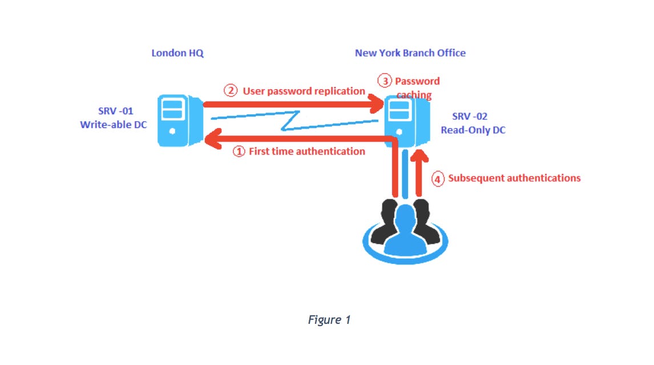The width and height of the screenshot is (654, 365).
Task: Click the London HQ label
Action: (x=177, y=53)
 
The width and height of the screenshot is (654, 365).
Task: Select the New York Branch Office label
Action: (x=410, y=53)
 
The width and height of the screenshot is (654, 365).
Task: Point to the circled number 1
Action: (x=239, y=151)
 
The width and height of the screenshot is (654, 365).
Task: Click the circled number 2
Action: (x=230, y=91)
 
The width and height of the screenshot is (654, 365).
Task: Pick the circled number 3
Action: (x=386, y=81)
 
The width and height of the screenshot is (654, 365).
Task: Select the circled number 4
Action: (x=437, y=179)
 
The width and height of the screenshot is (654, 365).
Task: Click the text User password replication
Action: (x=304, y=91)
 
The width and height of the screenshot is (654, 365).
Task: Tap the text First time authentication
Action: (x=306, y=151)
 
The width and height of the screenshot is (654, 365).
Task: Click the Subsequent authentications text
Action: (x=514, y=178)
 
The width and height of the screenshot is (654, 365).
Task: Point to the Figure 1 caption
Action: (x=329, y=320)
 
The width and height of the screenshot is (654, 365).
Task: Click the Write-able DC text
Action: (x=113, y=124)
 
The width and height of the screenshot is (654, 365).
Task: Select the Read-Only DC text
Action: (x=473, y=130)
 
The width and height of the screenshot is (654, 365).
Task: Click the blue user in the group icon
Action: (x=405, y=231)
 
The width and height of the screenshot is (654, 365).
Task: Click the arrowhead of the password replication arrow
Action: (x=377, y=104)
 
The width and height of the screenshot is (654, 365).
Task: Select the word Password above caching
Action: (x=417, y=81)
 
